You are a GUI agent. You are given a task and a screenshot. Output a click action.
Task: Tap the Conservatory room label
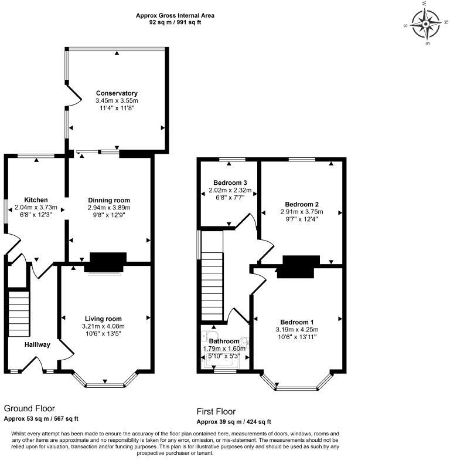(x=117, y=93)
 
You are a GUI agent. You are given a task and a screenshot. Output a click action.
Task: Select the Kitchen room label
(x=36, y=199)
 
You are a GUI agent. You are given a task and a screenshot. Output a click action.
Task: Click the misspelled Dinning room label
(x=109, y=200)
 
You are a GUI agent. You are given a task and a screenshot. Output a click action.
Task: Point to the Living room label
(x=104, y=319)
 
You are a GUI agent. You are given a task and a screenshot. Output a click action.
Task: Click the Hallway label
(x=37, y=344)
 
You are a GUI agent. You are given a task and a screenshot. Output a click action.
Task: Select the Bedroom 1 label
(x=297, y=322)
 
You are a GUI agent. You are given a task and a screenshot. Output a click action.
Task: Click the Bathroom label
(x=225, y=341)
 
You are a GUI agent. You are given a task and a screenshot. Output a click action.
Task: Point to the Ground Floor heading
(x=29, y=408)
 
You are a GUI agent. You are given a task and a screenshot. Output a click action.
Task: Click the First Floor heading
(x=216, y=411)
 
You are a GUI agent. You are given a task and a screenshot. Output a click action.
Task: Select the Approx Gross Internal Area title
(x=174, y=15)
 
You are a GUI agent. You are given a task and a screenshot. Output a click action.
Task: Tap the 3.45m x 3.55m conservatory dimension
(x=117, y=101)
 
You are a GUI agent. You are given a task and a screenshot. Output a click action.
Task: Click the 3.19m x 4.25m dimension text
(x=297, y=330)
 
